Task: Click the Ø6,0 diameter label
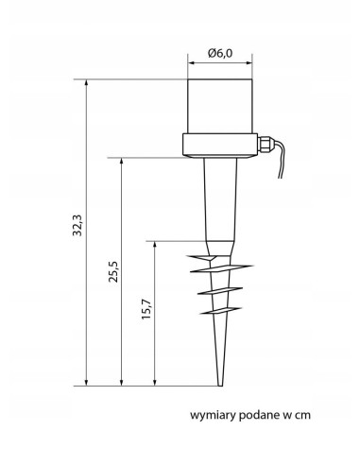pyautogui.click(x=220, y=53)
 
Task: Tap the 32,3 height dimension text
pyautogui.click(x=77, y=225)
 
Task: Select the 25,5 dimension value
pyautogui.click(x=113, y=271)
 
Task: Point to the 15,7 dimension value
pyautogui.click(x=146, y=309)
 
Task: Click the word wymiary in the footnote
pyautogui.click(x=213, y=415)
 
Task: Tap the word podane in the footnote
pyautogui.click(x=258, y=415)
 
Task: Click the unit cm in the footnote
pyautogui.click(x=302, y=415)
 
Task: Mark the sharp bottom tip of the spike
pyautogui.click(x=220, y=386)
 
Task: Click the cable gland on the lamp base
pyautogui.click(x=264, y=144)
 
